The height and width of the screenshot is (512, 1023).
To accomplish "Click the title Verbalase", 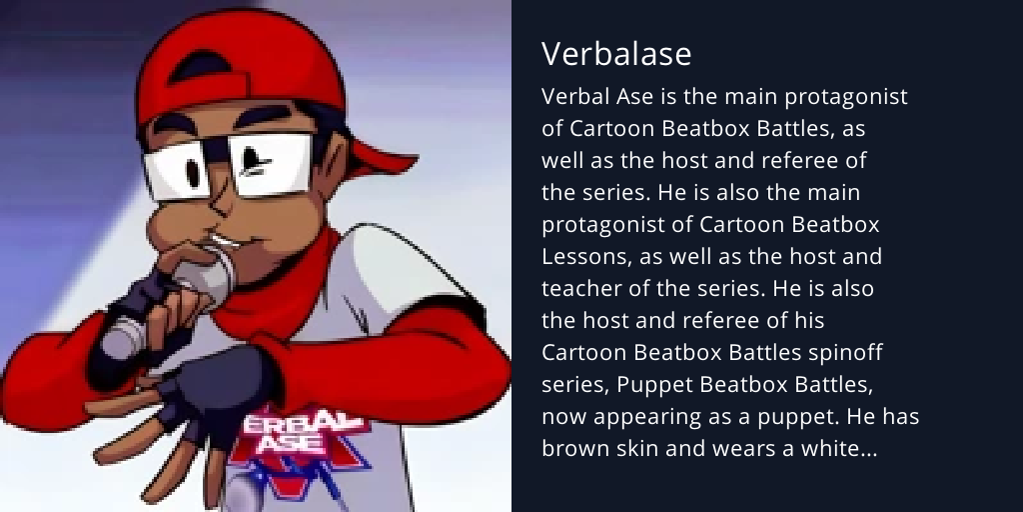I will (616, 53).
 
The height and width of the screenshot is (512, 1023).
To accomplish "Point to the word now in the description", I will (563, 417).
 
